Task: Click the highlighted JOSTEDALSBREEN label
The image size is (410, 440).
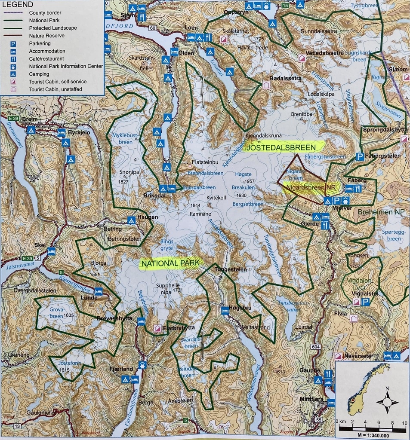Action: click(284, 147)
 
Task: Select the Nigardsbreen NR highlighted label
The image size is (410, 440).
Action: click(311, 187)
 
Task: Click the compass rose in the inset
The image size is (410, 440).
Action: click(387, 403)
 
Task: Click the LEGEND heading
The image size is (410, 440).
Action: click(18, 4)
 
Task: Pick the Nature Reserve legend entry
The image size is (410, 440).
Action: click(46, 36)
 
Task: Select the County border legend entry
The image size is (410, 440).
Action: click(45, 13)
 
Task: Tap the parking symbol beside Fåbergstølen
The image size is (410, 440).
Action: click(360, 157)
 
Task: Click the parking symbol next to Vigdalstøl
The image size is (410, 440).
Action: click(365, 302)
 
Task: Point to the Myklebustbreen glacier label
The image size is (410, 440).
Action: click(125, 138)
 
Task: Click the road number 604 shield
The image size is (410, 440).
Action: click(315, 346)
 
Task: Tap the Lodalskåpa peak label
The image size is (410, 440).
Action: click(321, 94)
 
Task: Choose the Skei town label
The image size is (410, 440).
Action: click(40, 245)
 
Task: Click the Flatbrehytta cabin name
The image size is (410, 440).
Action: click(179, 327)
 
